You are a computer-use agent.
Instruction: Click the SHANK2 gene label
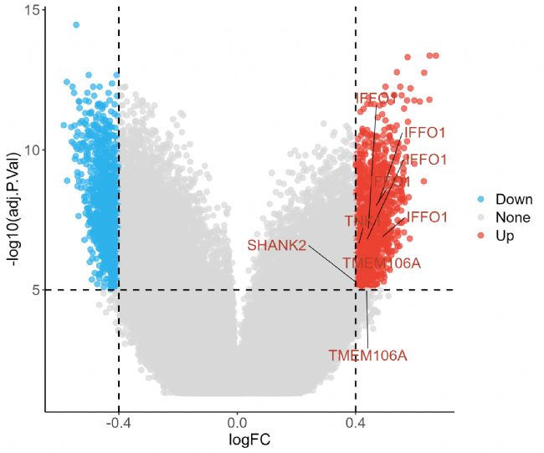[x=277, y=245]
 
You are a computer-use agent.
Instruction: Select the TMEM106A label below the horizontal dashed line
[x=367, y=355]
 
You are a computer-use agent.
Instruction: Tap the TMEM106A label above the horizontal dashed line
[x=382, y=264]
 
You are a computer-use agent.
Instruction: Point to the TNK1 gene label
[x=362, y=221]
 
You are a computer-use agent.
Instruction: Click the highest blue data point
[x=76, y=25]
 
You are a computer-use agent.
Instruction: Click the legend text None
[x=512, y=217]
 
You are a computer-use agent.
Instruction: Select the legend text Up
[x=505, y=236]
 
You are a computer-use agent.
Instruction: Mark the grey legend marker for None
[x=481, y=217]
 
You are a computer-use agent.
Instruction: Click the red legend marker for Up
[x=481, y=236]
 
